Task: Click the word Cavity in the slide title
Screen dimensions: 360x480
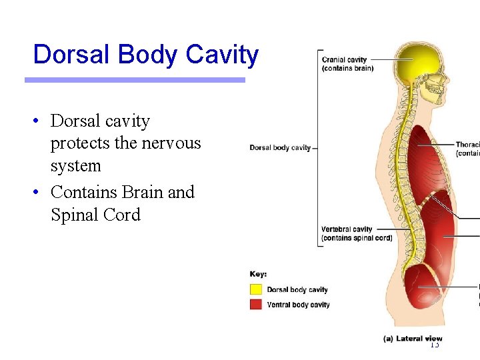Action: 222,55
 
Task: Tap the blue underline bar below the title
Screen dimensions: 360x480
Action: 135,80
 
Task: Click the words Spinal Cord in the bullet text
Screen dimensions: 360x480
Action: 95,215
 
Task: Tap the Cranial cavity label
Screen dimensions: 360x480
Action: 347,64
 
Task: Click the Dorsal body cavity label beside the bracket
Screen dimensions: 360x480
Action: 280,147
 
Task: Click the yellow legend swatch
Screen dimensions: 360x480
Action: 256,289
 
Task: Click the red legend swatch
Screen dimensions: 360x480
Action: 256,304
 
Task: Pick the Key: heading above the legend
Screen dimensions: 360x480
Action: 259,274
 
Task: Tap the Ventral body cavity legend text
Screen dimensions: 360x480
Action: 298,305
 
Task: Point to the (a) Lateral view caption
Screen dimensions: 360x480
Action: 413,339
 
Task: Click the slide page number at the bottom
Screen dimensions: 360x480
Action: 435,345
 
